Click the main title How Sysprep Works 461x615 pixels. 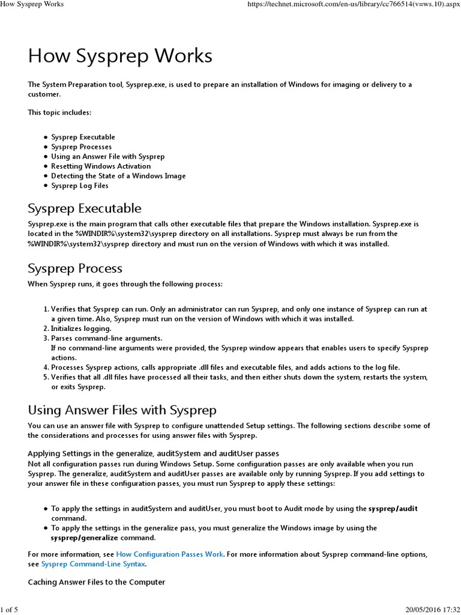click(x=120, y=56)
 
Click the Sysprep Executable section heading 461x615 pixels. click(x=85, y=208)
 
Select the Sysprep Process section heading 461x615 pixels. click(x=75, y=268)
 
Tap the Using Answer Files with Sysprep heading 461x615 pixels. click(x=122, y=410)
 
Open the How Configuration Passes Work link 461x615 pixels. click(x=169, y=554)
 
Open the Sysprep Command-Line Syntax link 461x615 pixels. click(x=93, y=564)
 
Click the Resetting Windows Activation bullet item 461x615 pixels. click(x=101, y=166)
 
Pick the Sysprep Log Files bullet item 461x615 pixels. click(x=80, y=186)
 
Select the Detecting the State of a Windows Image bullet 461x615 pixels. click(x=118, y=176)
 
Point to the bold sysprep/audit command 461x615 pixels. click(x=393, y=509)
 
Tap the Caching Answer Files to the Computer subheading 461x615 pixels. click(x=97, y=582)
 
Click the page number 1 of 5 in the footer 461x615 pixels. click(x=10, y=610)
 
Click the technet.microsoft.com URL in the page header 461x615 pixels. click(x=350, y=4)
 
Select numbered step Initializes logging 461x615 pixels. click(x=81, y=329)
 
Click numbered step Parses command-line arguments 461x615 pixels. click(x=107, y=338)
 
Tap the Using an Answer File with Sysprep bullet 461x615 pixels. click(x=107, y=157)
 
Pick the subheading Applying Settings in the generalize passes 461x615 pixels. click(x=154, y=453)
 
